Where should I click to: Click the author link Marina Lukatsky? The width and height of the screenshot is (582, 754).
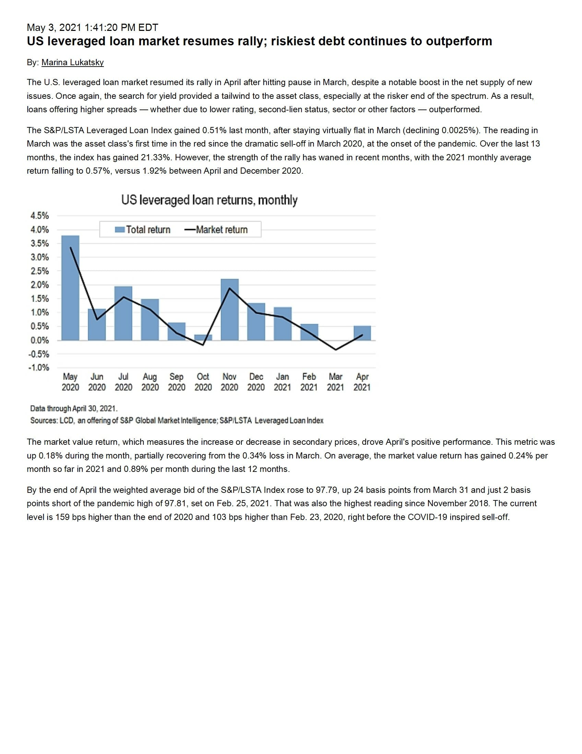pos(72,62)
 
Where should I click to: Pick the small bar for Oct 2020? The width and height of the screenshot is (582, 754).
pos(203,337)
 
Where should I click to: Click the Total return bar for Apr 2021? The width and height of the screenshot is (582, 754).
pos(362,333)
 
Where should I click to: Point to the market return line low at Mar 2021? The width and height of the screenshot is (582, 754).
pos(336,349)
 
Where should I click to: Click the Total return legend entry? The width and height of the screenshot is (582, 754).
pos(143,230)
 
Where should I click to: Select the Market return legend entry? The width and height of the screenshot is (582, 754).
pos(216,230)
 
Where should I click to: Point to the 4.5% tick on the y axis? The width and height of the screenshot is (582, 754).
pos(40,216)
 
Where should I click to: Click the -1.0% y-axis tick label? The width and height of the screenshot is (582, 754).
pos(39,367)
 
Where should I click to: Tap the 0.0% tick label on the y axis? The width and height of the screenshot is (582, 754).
pos(40,340)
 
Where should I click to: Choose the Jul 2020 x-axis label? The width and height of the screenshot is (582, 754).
pos(123,382)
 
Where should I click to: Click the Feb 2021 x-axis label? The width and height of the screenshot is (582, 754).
pos(309,382)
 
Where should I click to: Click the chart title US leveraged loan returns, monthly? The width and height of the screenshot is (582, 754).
pos(209,200)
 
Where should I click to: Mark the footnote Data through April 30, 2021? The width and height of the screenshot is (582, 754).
pos(74,408)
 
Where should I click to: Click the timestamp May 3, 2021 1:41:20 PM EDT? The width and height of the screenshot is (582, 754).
pos(93,27)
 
